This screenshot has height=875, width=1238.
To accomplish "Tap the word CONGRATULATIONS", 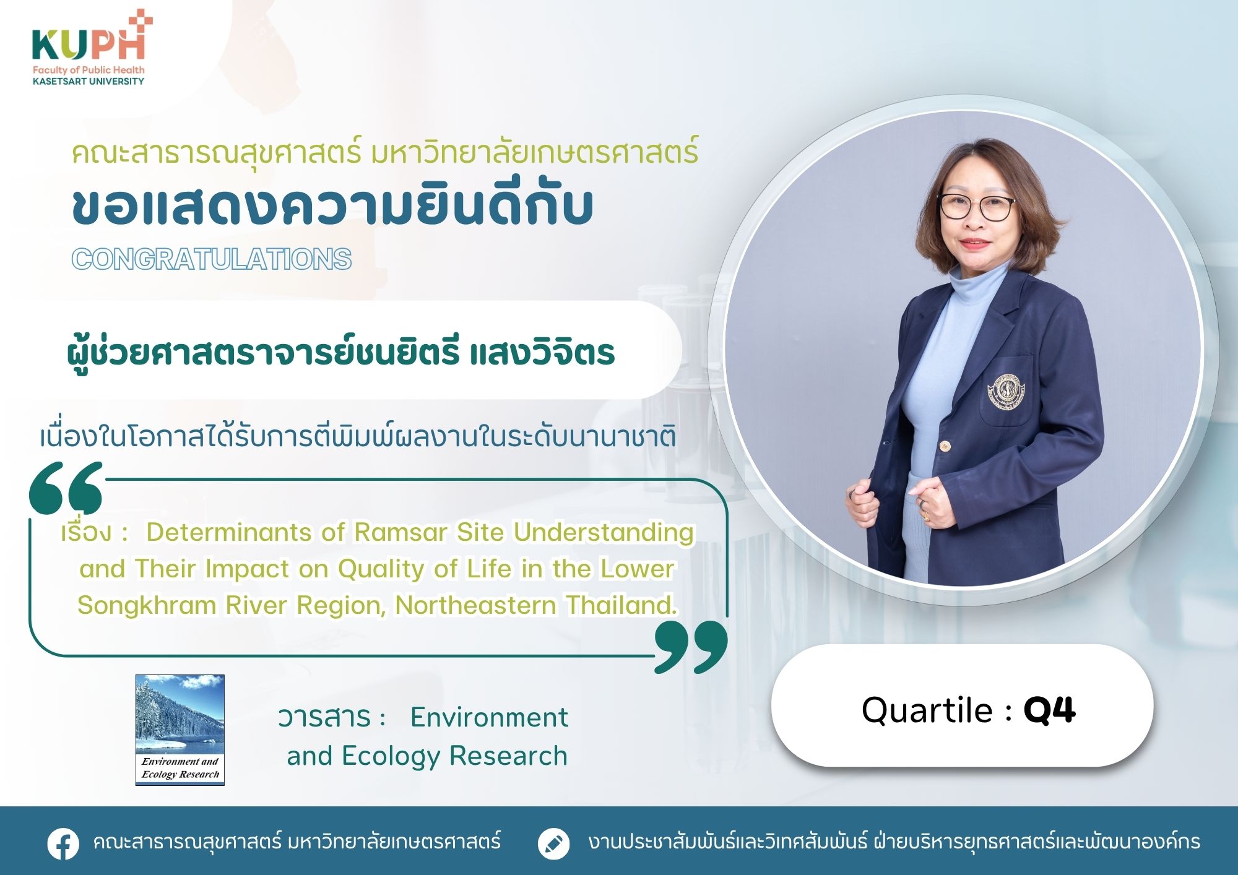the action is [212, 259].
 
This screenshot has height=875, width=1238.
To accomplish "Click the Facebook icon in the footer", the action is [63, 843].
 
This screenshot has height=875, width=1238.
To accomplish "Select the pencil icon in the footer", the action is [554, 843].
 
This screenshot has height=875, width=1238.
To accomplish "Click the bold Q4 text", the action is [1049, 710].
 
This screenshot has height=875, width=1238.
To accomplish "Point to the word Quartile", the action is [927, 710].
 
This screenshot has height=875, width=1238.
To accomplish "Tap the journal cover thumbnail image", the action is [180, 730].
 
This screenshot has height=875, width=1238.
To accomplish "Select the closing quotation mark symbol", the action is [691, 647].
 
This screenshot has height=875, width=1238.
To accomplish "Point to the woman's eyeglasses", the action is [976, 207].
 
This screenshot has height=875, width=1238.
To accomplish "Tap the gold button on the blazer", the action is [945, 446].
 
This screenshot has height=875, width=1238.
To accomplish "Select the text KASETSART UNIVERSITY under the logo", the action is [89, 81].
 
